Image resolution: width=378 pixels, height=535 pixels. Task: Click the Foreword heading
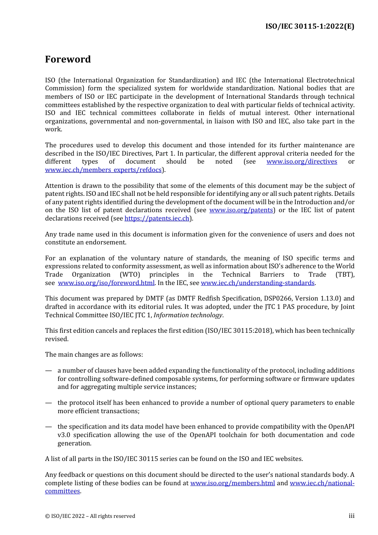[68, 59]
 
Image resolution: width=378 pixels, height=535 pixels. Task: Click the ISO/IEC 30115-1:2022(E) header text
[310, 26]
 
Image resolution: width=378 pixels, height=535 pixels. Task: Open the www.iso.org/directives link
[302, 162]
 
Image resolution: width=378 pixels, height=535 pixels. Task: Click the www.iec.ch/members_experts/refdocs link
[103, 170]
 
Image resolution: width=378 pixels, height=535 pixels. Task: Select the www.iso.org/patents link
[241, 210]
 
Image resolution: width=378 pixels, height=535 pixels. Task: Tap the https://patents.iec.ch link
[157, 219]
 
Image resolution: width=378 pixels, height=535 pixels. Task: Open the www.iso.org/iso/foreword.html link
[106, 283]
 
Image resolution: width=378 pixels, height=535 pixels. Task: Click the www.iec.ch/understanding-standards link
[257, 283]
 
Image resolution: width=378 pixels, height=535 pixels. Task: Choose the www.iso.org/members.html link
[232, 483]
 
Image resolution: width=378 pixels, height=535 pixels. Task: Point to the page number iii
[351, 516]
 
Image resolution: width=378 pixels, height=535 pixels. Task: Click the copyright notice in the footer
[90, 516]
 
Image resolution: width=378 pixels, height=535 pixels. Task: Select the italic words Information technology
[188, 315]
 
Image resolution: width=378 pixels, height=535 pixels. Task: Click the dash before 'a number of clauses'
[49, 371]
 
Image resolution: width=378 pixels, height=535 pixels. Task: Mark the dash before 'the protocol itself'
[49, 403]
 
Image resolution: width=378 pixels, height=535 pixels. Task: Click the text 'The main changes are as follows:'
[94, 355]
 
